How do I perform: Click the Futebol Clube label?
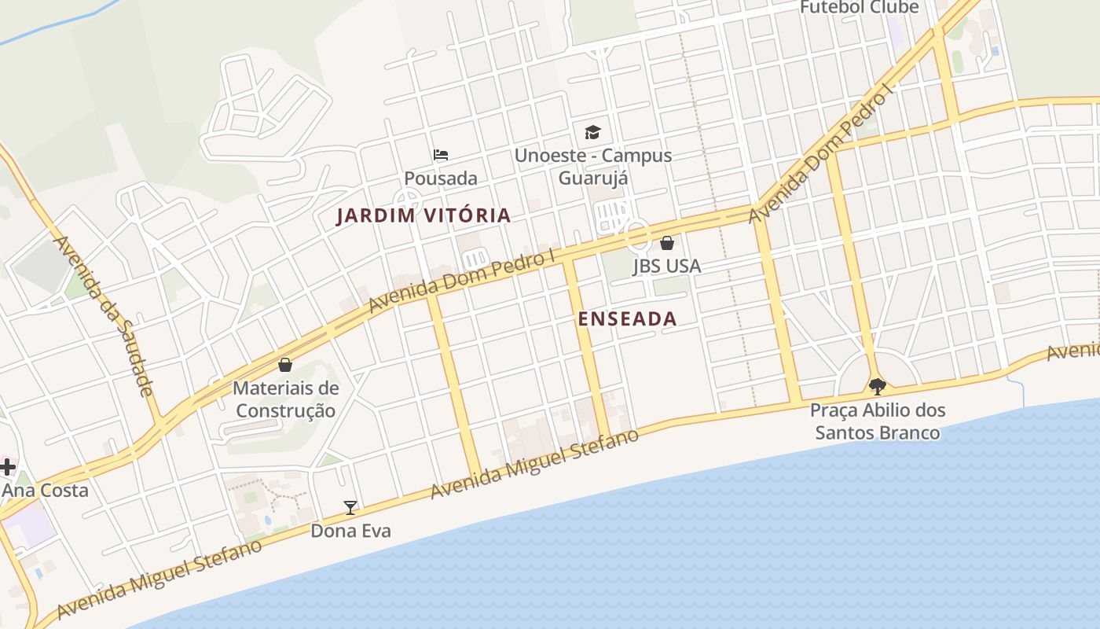click(859, 7)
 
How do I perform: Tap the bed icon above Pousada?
click(441, 155)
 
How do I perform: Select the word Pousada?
click(441, 178)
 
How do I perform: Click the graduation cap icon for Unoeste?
click(592, 132)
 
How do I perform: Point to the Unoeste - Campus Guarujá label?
click(593, 166)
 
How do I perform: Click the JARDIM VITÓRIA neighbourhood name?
click(423, 215)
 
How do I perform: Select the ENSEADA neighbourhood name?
click(627, 318)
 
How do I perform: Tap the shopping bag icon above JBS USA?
click(666, 243)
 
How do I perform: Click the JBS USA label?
click(666, 267)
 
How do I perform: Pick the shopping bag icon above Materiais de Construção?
click(285, 365)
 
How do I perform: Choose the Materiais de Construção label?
click(286, 399)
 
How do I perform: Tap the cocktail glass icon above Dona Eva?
click(350, 508)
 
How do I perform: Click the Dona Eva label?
click(350, 531)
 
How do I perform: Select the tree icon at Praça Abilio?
click(877, 386)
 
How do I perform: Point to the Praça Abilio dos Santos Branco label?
click(877, 421)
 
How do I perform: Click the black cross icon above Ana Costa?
click(7, 467)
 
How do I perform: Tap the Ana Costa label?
click(45, 490)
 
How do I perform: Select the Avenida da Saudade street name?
click(101, 314)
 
